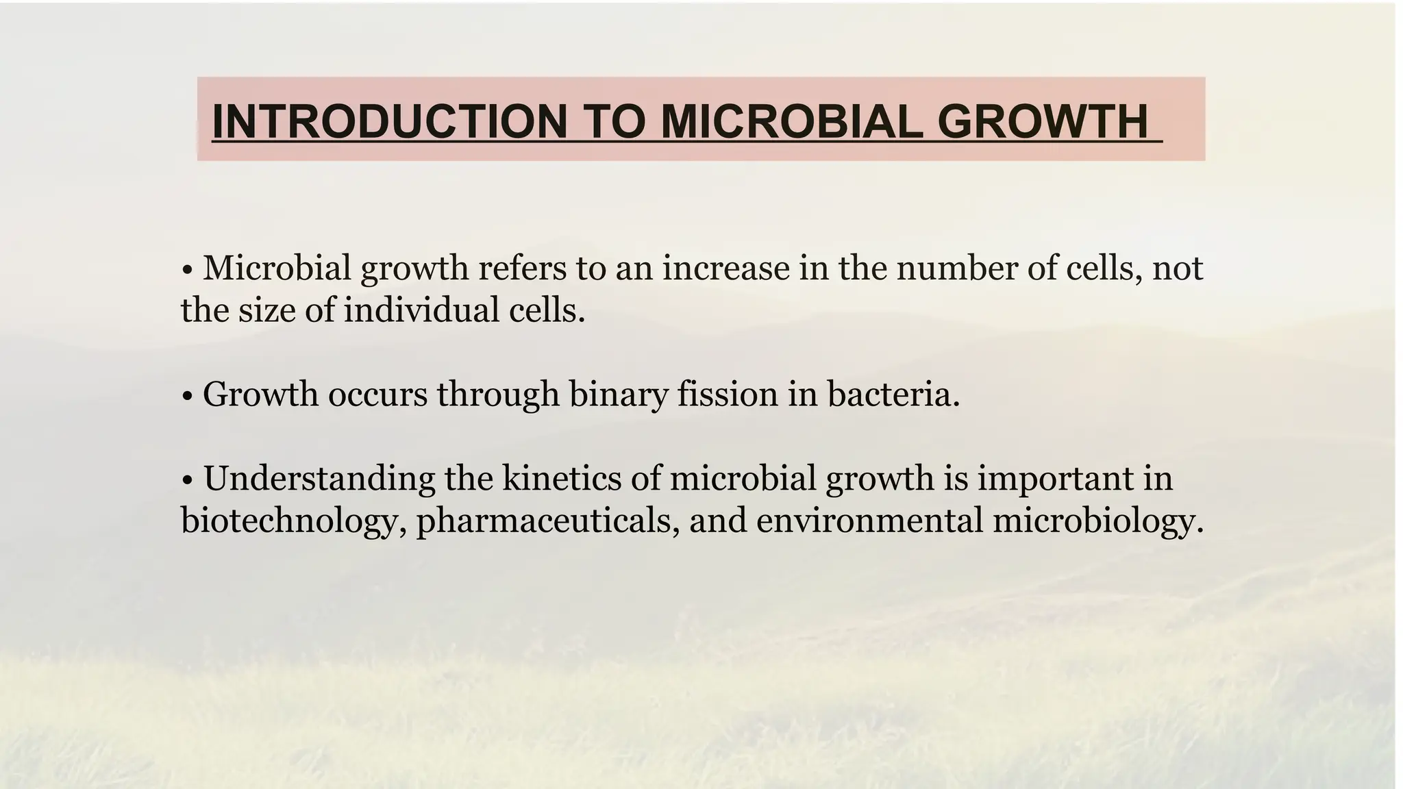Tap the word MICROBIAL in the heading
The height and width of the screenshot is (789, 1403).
(789, 121)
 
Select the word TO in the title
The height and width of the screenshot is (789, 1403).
(614, 121)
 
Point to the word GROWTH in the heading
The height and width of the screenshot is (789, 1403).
(1041, 121)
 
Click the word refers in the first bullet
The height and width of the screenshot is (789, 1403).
(522, 268)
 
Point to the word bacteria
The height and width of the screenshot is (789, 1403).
(893, 395)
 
